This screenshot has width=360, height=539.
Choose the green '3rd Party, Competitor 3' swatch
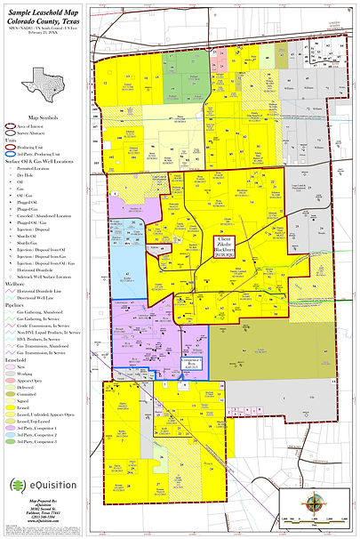12,440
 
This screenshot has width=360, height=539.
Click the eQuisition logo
41,484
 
